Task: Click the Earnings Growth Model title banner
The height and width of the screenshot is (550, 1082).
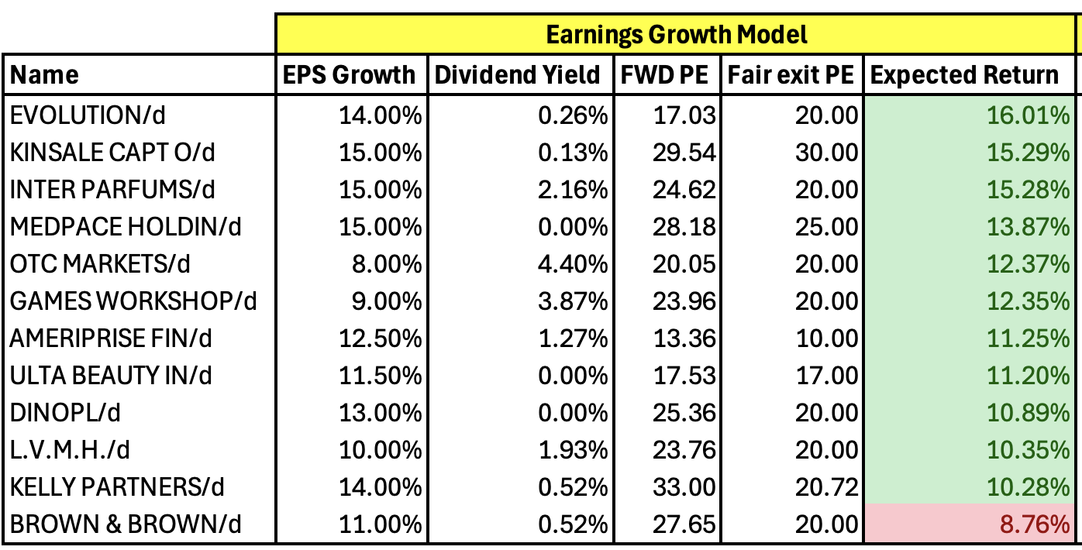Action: (677, 35)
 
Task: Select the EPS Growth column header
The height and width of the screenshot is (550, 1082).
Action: (349, 75)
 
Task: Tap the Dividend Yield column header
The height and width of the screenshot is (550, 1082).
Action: (518, 75)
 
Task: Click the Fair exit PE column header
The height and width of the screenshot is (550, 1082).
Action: (791, 75)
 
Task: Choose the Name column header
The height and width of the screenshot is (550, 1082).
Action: (45, 75)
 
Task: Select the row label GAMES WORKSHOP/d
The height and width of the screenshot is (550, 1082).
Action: (133, 301)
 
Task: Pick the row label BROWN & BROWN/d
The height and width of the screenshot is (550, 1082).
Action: (126, 524)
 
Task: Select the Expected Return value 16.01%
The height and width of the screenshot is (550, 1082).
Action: (1028, 115)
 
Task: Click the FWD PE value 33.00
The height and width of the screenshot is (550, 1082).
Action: (684, 487)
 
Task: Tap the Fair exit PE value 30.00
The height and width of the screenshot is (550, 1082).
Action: (826, 153)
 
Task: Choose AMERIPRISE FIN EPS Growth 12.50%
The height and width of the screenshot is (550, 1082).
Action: (381, 339)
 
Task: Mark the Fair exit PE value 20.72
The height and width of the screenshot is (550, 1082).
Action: (826, 487)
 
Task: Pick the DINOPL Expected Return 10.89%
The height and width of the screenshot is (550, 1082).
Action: (1028, 413)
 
